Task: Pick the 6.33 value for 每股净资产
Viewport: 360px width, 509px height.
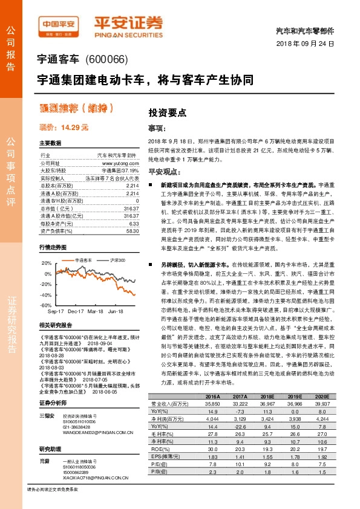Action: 134,206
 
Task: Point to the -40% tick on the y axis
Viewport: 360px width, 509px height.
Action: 46,294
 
